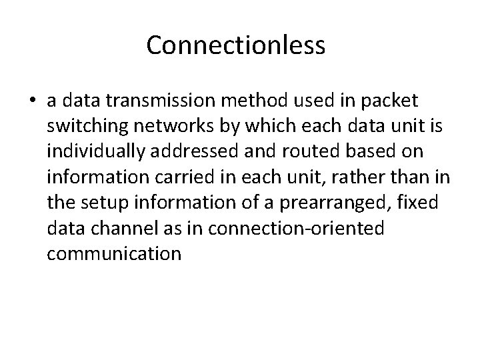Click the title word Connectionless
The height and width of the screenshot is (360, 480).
(235, 45)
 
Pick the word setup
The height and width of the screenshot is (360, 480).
(98, 202)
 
